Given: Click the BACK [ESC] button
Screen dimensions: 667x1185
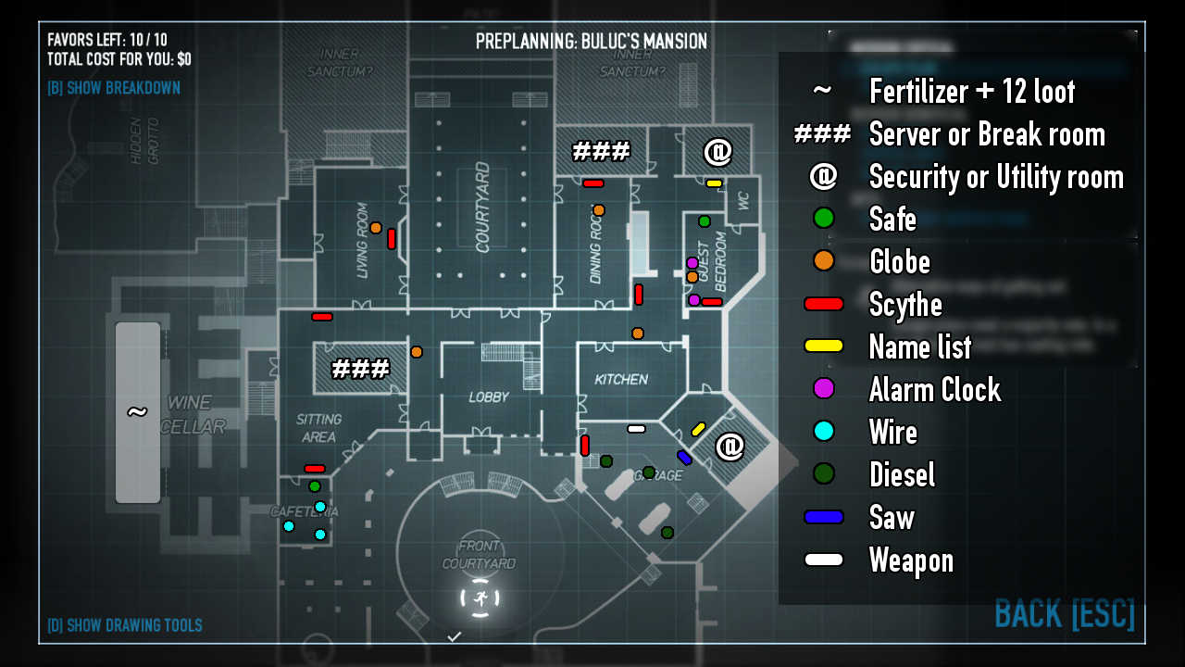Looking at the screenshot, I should click(1065, 614).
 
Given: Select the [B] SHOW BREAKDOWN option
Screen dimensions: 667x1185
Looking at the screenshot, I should click(114, 88).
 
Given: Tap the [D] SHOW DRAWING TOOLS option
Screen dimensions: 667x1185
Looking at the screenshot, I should click(125, 625).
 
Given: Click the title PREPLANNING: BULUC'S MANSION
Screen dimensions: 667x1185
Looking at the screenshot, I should click(591, 42).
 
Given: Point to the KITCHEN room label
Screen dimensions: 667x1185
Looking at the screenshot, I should click(620, 379).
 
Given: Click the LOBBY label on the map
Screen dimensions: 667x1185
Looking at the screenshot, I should click(489, 396).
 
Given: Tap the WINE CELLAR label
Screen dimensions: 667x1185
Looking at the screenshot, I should click(195, 414).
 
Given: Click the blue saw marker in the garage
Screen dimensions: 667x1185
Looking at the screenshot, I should click(684, 457).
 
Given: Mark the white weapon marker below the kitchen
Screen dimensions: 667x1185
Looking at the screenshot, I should click(636, 428).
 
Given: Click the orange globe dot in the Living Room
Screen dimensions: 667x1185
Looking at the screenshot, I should click(376, 227).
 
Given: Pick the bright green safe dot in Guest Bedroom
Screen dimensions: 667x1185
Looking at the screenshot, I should click(704, 220).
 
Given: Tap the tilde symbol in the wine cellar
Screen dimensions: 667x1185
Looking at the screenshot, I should click(137, 411).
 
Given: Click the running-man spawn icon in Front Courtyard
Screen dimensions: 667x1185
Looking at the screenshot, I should click(480, 598).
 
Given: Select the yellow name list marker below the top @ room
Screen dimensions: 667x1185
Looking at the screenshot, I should click(714, 183).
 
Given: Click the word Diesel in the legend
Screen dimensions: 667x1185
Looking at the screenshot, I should click(902, 474).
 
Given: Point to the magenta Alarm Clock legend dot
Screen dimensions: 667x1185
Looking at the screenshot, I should click(823, 389).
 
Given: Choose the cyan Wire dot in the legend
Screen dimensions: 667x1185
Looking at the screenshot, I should click(823, 432).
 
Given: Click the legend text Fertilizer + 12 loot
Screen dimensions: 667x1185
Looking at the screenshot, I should click(972, 91).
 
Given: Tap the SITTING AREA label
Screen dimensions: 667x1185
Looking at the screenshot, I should click(318, 428).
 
